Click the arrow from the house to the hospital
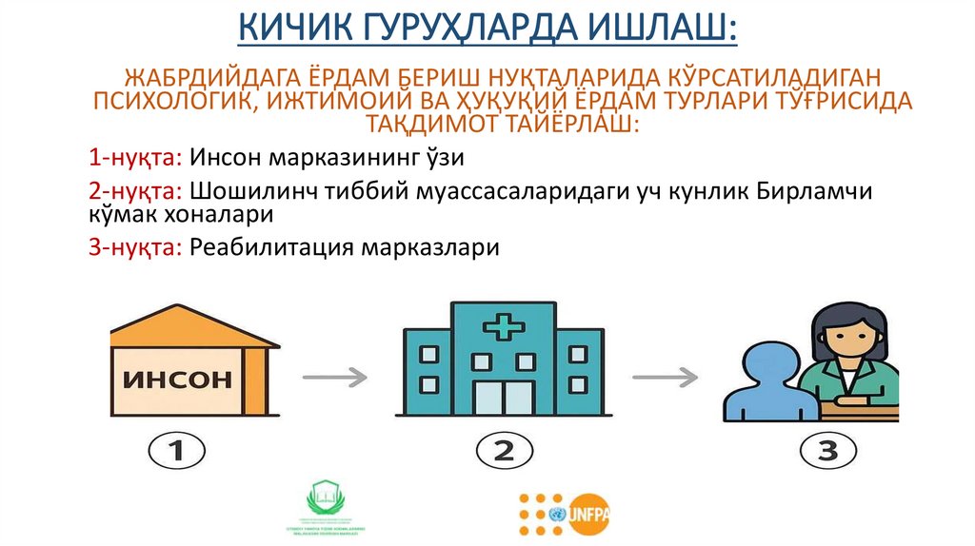coord(334,378)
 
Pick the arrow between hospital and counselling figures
coord(665,378)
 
